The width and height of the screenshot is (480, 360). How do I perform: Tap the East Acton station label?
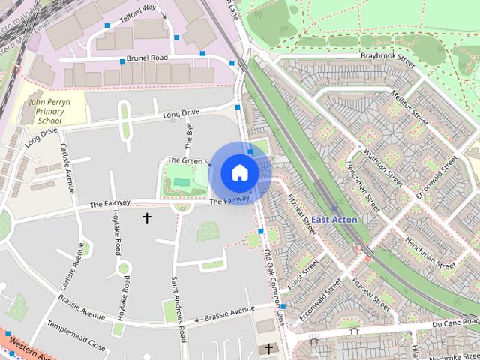pos(334,220)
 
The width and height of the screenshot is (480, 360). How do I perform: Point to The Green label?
pos(184,160)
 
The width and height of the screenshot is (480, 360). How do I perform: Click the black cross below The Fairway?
pos(147,218)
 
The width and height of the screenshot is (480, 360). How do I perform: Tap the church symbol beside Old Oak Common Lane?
pos(268,349)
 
